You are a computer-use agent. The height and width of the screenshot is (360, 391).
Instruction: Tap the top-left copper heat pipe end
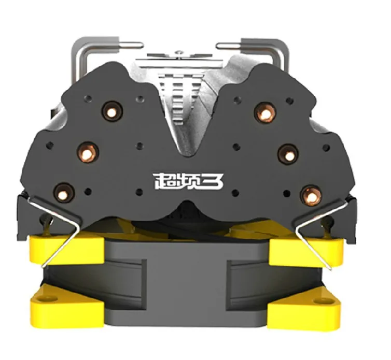[x=111, y=111]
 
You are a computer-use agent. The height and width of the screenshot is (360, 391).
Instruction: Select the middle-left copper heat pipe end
[x=88, y=152]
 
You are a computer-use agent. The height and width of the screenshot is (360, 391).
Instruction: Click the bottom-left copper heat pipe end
[x=64, y=193]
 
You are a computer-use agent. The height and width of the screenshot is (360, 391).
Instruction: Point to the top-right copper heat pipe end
[x=266, y=112]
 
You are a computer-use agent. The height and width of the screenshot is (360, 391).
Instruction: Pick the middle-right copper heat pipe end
[x=288, y=154]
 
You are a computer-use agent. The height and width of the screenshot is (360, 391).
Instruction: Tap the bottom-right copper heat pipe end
[x=311, y=196]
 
